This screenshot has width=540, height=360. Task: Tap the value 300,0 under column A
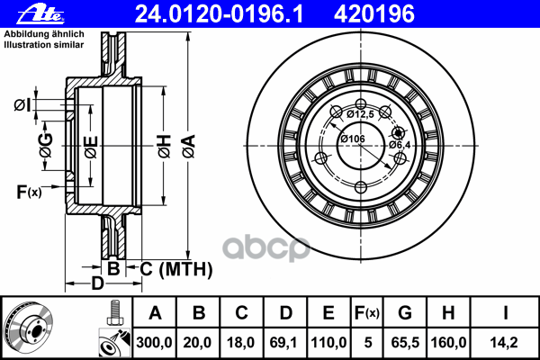pos(155,343)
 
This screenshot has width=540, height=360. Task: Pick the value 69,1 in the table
pos(285,343)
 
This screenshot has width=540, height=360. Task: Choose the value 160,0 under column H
pos(447,343)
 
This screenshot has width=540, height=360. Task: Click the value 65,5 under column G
pos(405,343)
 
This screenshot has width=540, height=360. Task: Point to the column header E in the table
pos(328,313)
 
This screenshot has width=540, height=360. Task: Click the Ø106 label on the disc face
pos(352,139)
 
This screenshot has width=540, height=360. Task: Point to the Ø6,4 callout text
pos(400,144)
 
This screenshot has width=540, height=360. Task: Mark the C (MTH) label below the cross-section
pos(176,269)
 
